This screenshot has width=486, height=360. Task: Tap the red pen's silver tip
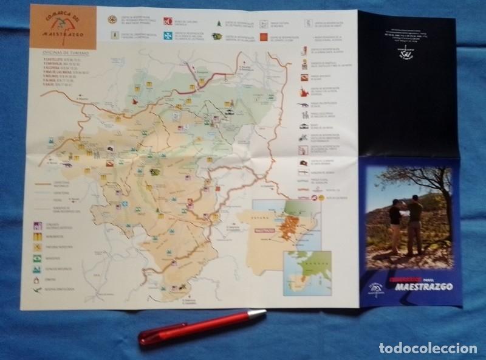(x=258, y=314)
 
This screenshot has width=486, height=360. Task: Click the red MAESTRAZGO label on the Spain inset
(x=264, y=230)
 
